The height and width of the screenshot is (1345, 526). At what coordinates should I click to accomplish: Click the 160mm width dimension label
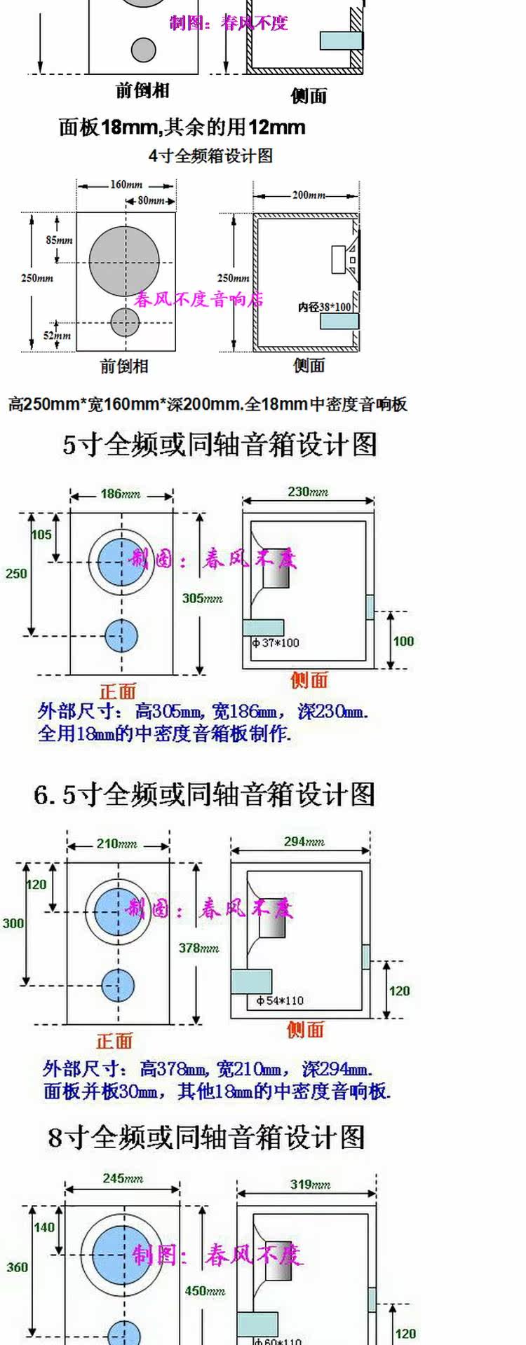click(x=126, y=185)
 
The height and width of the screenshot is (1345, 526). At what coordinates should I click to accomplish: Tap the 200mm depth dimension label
click(x=309, y=195)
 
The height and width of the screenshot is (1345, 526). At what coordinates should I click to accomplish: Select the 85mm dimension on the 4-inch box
click(x=59, y=240)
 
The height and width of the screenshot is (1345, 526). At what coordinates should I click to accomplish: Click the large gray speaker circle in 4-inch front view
click(x=124, y=261)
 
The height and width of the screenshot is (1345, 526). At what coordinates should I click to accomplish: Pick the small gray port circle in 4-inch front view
click(x=125, y=322)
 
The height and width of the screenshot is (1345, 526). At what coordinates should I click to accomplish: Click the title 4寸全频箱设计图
click(x=210, y=156)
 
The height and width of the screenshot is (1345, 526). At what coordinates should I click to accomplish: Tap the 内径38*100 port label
click(x=325, y=307)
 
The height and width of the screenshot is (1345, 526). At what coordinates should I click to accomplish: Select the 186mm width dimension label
click(x=120, y=494)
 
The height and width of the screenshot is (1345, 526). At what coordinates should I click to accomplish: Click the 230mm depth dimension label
click(x=308, y=492)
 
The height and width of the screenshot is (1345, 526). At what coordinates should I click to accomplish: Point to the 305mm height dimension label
click(x=202, y=598)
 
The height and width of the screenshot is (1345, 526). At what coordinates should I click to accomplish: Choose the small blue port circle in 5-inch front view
click(x=121, y=635)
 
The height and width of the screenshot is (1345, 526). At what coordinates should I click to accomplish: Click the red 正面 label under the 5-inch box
click(x=117, y=691)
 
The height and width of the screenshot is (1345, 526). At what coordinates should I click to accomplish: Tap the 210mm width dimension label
click(x=117, y=843)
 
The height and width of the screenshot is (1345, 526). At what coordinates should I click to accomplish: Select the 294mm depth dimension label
click(x=304, y=841)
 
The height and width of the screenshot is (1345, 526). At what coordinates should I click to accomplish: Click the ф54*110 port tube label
click(x=280, y=1000)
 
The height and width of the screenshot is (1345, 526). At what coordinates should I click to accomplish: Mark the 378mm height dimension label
click(x=198, y=948)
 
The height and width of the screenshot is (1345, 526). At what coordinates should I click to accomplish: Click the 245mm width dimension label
click(x=123, y=1178)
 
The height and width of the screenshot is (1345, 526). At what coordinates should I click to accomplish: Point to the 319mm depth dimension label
click(x=311, y=1185)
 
